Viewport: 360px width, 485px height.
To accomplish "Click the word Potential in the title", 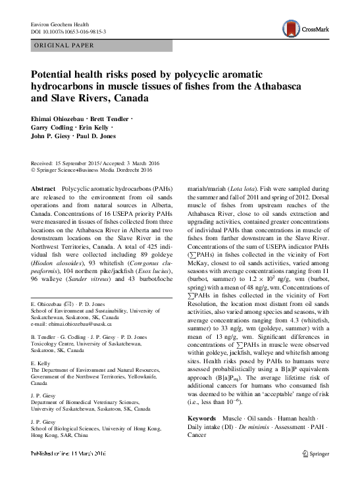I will tap(57, 75).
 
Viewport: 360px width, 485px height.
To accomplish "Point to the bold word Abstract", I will tap(44, 188).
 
